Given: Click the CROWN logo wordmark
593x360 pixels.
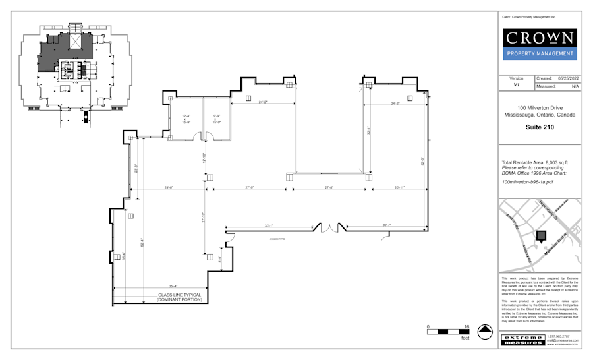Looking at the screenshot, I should [x=539, y=38].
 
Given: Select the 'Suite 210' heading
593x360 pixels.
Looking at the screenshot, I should [x=539, y=127].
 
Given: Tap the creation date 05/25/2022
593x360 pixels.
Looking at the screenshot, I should [x=567, y=78].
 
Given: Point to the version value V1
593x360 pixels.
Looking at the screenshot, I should [x=517, y=86].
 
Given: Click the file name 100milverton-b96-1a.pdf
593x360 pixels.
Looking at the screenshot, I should [x=527, y=181].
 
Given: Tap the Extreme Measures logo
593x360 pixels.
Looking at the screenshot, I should [x=522, y=340].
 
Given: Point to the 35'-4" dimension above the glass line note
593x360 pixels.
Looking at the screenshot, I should [x=173, y=286].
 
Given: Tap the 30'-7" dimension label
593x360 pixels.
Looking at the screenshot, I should [x=386, y=225].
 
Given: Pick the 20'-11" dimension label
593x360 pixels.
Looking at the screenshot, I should [x=399, y=187].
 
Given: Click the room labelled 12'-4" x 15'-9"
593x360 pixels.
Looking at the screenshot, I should [x=186, y=119].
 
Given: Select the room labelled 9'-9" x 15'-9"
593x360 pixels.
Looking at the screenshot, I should [x=216, y=119].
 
